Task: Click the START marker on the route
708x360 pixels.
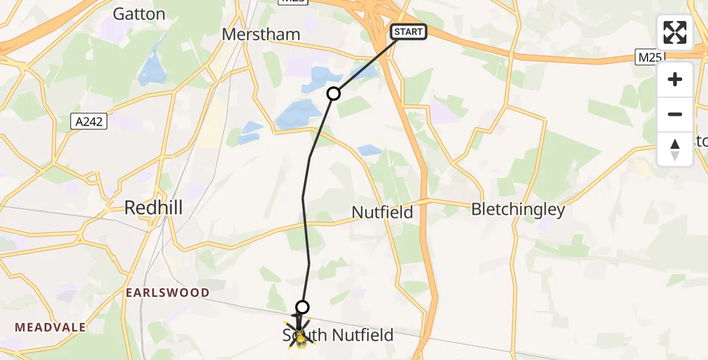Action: [409, 32]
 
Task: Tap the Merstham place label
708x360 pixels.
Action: [261, 34]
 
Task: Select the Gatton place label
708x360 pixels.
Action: [139, 14]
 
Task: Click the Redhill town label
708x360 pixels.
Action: [153, 208]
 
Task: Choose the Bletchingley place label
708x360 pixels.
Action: [518, 209]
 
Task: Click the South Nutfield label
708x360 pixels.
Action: [338, 335]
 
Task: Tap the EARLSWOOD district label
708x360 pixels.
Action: [167, 293]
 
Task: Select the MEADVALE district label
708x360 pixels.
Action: [50, 328]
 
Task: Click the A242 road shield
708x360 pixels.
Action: [88, 122]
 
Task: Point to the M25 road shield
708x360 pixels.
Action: [651, 58]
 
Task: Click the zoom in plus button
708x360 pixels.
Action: [675, 80]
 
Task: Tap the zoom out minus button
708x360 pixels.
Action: [675, 114]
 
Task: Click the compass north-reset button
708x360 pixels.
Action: [675, 149]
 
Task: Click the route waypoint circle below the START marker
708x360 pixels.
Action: [334, 94]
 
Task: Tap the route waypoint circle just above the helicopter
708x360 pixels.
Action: [302, 307]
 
